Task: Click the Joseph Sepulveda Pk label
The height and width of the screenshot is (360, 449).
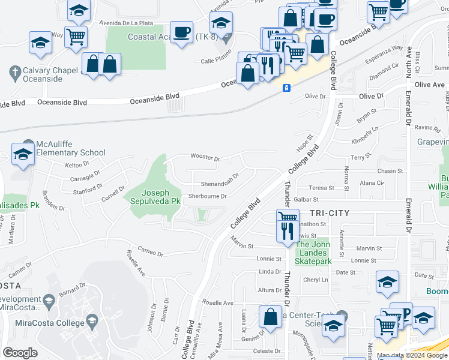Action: point(152,197)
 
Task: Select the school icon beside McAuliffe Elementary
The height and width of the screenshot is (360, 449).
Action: point(23,154)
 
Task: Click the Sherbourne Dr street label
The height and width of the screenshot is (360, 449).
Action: point(207,196)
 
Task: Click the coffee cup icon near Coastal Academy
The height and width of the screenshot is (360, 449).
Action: point(181,32)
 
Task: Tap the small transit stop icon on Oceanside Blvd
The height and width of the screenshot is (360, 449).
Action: point(288,88)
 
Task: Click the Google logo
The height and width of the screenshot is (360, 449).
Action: point(20,353)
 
